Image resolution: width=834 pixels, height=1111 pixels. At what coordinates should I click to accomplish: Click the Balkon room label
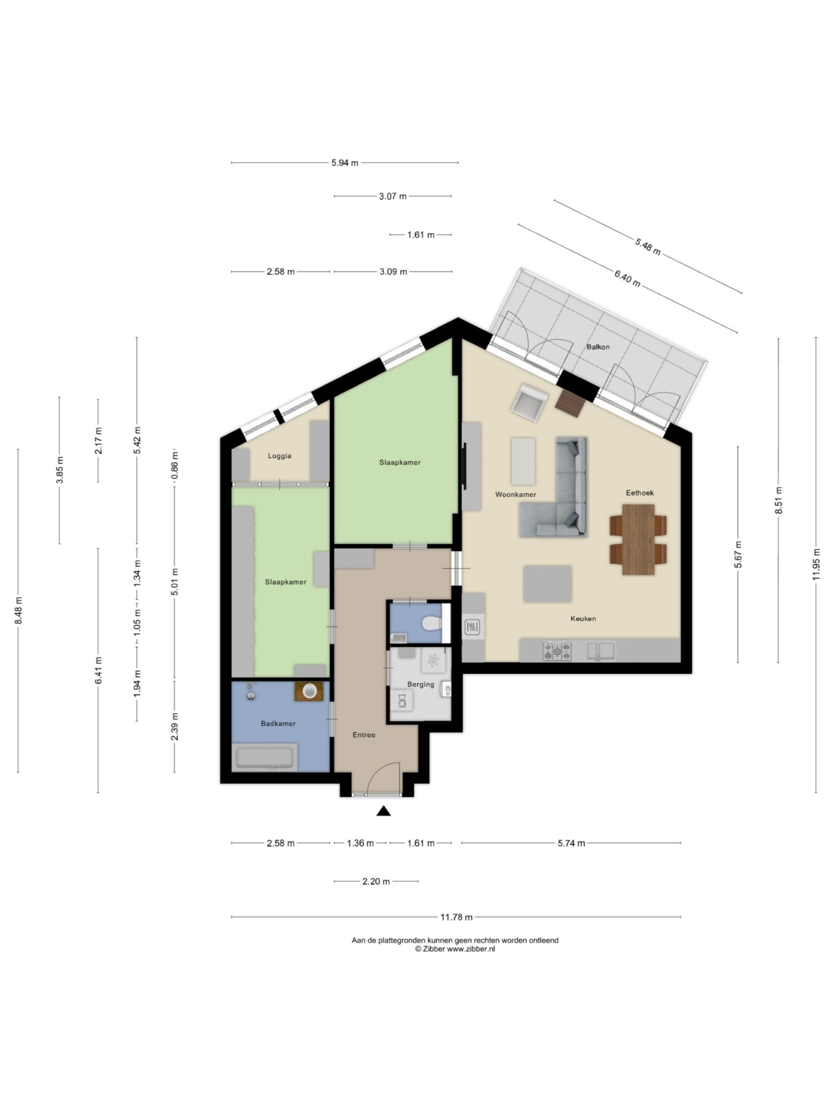coord(598,347)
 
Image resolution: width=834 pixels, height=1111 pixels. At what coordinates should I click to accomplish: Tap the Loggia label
coord(279,456)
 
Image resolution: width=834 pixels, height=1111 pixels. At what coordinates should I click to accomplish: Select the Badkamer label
coord(278,723)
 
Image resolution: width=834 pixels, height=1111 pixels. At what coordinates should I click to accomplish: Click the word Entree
coord(364,734)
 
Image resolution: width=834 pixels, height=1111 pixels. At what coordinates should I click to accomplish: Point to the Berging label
coord(420,684)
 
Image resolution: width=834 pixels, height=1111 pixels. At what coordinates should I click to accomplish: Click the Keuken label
coord(582,618)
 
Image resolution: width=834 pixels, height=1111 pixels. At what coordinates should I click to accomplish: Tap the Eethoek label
coord(639,493)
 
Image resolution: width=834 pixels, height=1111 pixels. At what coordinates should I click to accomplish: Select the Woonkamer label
coord(515,494)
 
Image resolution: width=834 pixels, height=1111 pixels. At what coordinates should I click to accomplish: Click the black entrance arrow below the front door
coord(383,811)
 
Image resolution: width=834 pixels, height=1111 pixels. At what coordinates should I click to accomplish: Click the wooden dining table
coord(638,539)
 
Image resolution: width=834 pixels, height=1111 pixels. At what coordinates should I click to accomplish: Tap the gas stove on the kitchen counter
coord(557,651)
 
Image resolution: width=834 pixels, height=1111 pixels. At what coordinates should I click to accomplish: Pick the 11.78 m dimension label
coord(456,917)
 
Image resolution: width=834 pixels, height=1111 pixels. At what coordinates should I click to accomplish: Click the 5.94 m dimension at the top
coord(344,163)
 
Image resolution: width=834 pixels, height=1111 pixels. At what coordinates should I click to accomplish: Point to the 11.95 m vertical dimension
coord(816,563)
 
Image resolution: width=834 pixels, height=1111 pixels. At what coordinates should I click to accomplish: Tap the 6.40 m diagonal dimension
coord(627,278)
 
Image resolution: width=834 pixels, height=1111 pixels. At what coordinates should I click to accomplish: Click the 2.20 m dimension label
coord(376,881)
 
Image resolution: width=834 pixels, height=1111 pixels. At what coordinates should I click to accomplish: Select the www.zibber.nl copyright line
coord(455,949)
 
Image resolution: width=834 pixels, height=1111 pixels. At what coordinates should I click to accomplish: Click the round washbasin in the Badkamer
coord(308,691)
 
